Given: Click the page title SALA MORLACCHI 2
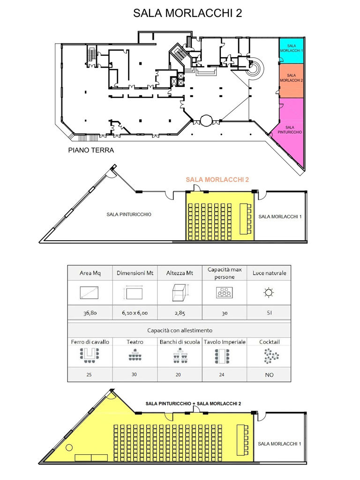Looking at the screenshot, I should [187, 13].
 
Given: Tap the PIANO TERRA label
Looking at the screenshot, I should [91, 151].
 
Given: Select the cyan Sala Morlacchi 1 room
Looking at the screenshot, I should [291, 50].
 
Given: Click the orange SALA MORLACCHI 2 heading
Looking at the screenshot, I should [217, 179].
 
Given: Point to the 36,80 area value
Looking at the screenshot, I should [90, 313].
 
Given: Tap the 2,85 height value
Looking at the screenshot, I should [180, 313].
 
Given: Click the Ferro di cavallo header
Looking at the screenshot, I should [90, 342].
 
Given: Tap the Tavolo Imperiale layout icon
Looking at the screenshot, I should [224, 357].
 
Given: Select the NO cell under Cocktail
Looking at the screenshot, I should [269, 375].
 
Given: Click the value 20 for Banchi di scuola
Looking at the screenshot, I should [180, 374].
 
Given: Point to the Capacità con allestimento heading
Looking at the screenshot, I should [180, 330].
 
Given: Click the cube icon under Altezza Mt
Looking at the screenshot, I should [179, 293].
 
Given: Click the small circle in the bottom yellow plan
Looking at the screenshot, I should [69, 447].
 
